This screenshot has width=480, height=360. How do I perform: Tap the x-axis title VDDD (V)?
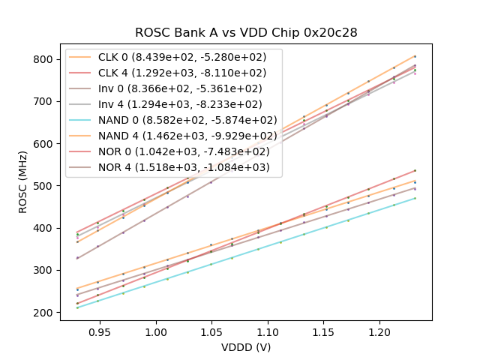[x=246, y=347]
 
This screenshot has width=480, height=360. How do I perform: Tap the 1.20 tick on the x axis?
[x=379, y=321]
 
